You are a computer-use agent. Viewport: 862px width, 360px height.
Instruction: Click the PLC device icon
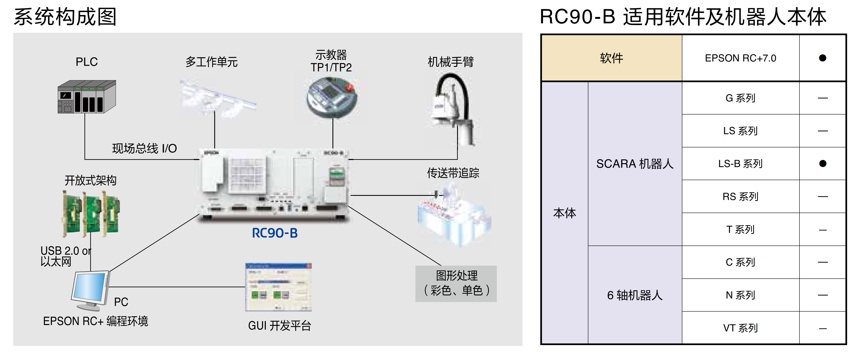[87, 97]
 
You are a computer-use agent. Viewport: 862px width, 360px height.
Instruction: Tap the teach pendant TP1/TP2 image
[332, 97]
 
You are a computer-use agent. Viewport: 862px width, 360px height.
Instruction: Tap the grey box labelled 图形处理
[456, 283]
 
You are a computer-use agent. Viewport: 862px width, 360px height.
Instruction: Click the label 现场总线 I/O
[144, 148]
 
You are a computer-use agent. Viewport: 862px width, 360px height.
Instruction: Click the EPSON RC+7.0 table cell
[740, 58]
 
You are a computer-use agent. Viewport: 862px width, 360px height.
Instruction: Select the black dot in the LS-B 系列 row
[822, 164]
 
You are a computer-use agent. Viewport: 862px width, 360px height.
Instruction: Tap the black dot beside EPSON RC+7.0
[822, 58]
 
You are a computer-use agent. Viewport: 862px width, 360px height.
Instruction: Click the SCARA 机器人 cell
[635, 164]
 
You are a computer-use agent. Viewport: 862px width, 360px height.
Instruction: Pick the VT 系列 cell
[740, 328]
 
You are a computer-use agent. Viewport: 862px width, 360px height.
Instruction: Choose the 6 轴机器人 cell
[635, 295]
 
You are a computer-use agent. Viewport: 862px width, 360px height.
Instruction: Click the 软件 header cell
[611, 58]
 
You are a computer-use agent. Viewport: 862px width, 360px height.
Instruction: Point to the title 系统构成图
[65, 17]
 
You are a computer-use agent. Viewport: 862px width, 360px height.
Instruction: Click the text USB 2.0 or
[66, 251]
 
